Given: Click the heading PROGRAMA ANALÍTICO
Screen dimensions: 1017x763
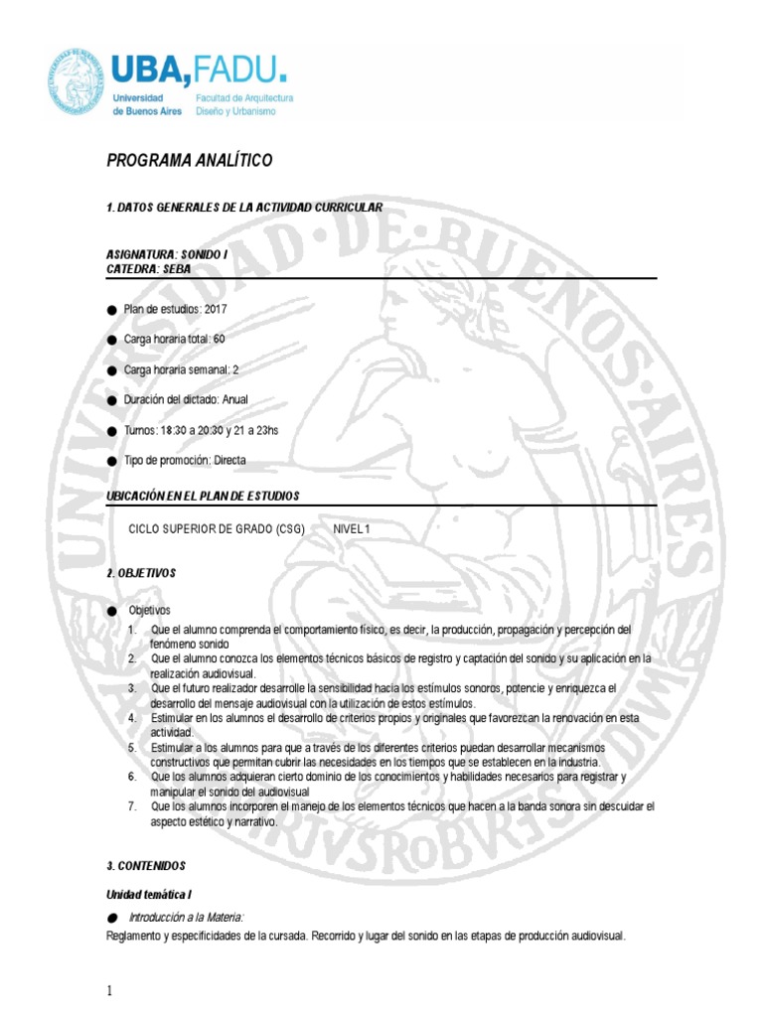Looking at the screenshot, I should click(189, 161).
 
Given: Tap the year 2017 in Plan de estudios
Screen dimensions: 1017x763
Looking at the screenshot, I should click(216, 310).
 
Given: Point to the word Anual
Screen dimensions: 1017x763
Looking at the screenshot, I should click(235, 399).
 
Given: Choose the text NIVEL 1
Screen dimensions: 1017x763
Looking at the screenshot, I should click(351, 529).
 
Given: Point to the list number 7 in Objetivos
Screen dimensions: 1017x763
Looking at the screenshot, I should click(131, 806).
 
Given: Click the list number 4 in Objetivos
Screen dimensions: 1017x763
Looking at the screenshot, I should click(131, 717).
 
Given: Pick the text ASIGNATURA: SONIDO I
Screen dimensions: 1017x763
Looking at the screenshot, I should click(166, 255).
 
